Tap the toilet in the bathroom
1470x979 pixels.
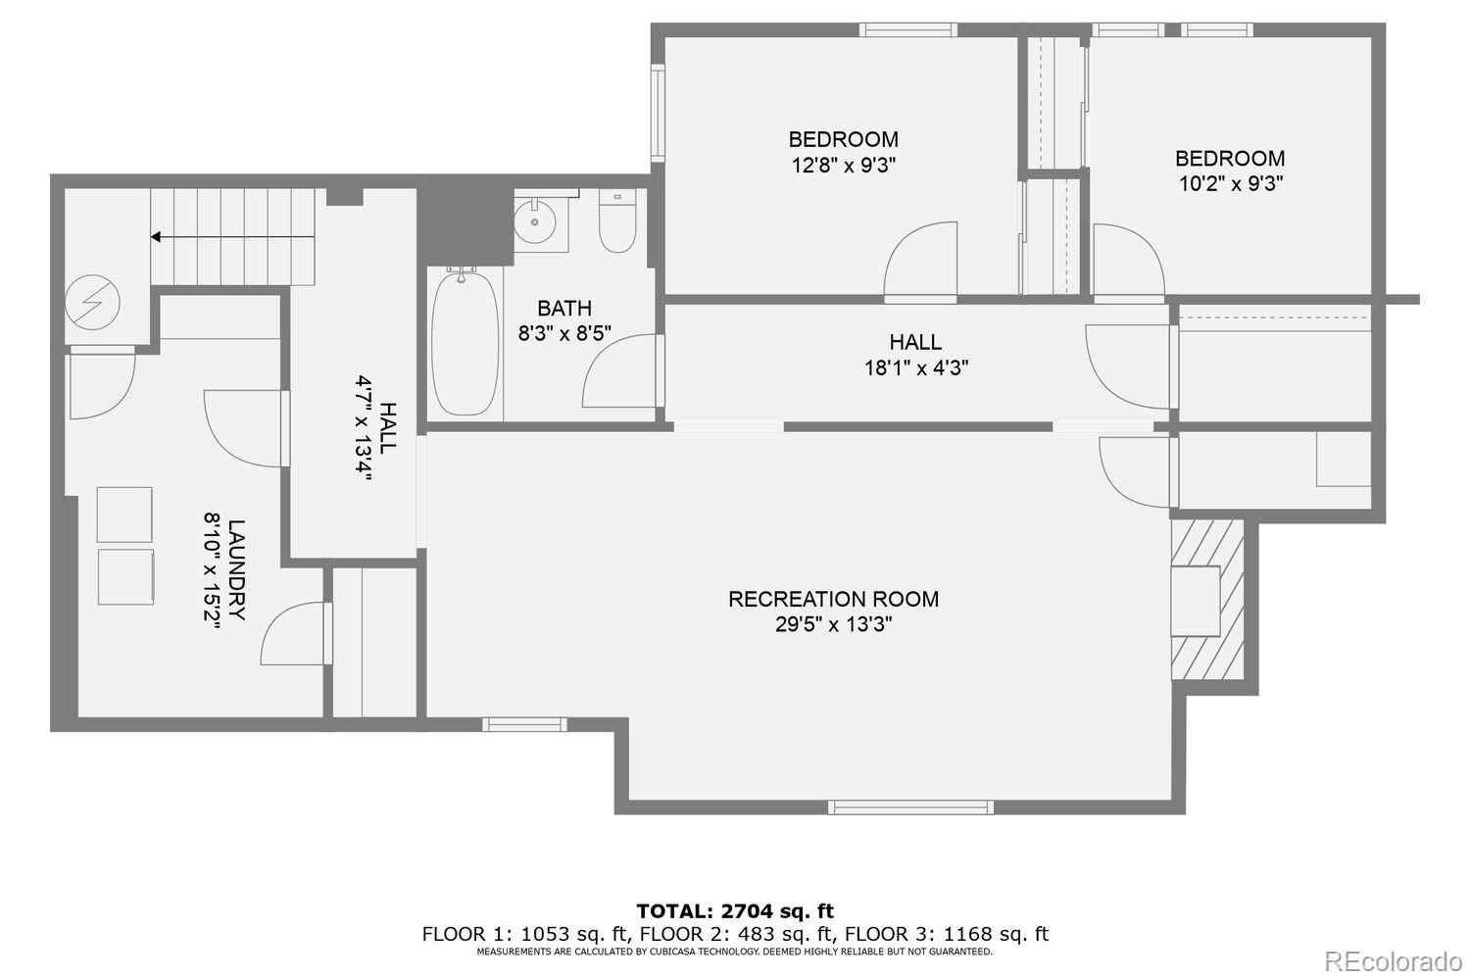coord(617,223)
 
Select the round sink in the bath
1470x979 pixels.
coord(536,221)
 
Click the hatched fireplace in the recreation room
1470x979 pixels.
coord(1206,599)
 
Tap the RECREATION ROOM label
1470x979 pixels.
coord(833,599)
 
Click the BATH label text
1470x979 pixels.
coord(564,309)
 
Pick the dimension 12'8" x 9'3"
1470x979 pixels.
coord(844,165)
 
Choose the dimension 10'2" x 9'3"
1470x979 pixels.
coord(1230,183)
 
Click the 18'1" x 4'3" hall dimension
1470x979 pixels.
coord(915,368)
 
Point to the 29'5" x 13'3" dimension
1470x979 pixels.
coord(833,624)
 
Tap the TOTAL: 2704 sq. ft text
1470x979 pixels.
coord(735,911)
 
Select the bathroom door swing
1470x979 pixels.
coord(622,372)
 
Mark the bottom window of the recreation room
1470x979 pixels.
coord(910,808)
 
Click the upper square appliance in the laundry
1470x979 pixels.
coord(124,514)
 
